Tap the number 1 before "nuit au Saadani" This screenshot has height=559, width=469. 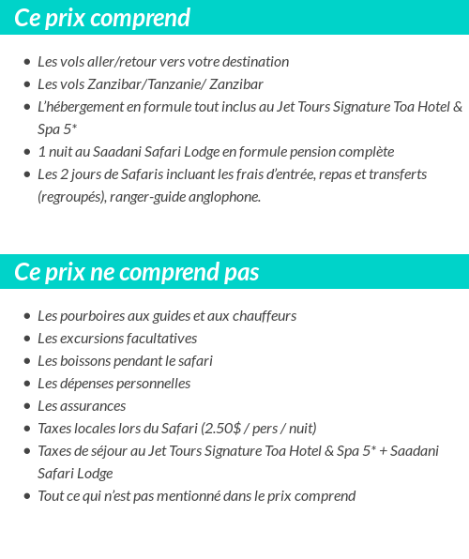pos(41,152)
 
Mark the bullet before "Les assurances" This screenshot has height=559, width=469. pos(27,406)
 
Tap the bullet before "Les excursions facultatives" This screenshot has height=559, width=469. pos(27,339)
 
